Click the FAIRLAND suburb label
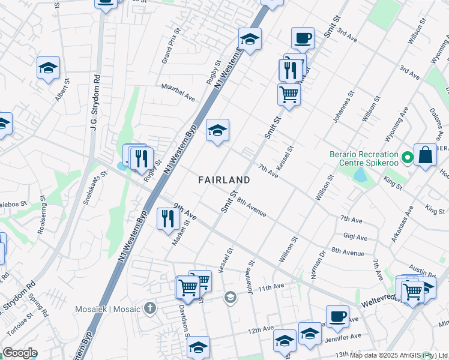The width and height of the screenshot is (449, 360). click(x=224, y=180)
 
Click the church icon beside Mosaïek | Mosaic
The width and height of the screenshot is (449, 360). click(x=149, y=309)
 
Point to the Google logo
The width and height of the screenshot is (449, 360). click(x=19, y=353)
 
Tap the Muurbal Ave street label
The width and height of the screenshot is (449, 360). click(x=178, y=92)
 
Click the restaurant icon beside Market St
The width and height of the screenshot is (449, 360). click(x=166, y=219)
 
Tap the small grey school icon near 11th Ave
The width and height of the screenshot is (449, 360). click(x=230, y=297)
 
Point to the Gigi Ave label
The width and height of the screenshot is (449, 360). click(x=355, y=237)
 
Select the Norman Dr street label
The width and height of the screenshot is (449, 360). click(x=318, y=265)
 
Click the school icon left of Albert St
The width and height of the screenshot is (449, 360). click(x=48, y=68)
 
